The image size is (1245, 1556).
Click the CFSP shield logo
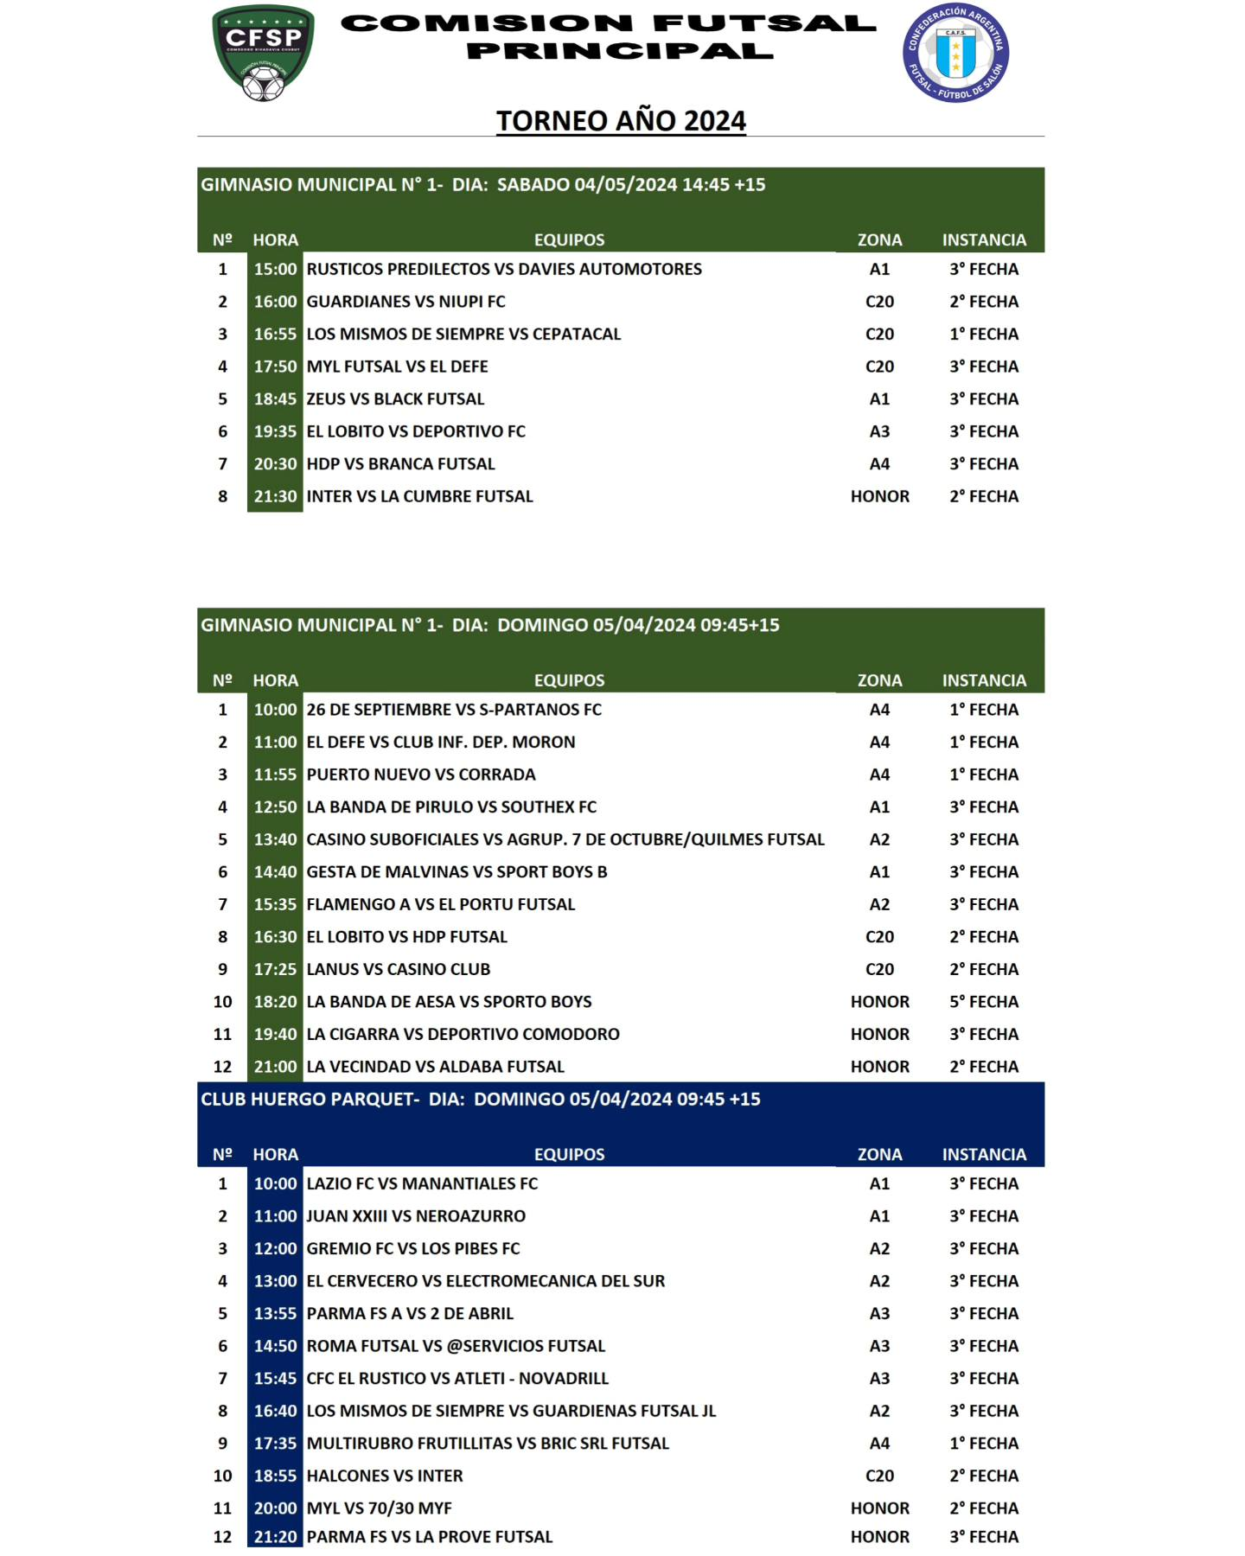(263, 52)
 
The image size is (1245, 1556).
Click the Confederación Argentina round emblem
(955, 52)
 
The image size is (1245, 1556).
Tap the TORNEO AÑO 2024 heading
(621, 120)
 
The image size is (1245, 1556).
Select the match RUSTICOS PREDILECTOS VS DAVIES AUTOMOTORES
(504, 269)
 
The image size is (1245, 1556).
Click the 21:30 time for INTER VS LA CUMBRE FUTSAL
(275, 496)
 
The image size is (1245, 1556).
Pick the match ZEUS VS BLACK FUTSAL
(395, 399)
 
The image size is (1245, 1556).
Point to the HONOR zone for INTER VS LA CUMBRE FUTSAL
(879, 496)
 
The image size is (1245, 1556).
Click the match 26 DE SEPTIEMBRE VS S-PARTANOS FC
(454, 710)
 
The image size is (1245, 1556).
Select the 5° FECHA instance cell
(984, 1002)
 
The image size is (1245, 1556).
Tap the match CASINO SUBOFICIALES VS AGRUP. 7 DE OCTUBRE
(565, 839)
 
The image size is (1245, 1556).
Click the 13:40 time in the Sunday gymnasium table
(275, 839)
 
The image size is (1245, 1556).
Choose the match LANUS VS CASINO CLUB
(399, 969)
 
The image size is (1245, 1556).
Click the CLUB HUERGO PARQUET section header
(481, 1100)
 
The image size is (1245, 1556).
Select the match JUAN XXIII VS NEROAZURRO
(416, 1216)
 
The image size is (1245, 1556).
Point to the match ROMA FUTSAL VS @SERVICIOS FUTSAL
(456, 1346)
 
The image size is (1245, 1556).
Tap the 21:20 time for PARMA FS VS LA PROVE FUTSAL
(275, 1537)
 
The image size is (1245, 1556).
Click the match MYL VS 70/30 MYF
(380, 1508)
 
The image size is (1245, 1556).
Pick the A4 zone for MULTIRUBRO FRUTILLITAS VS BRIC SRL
(879, 1444)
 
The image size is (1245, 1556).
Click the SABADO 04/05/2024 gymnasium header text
(483, 185)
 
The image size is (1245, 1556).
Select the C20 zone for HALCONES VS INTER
(879, 1476)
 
